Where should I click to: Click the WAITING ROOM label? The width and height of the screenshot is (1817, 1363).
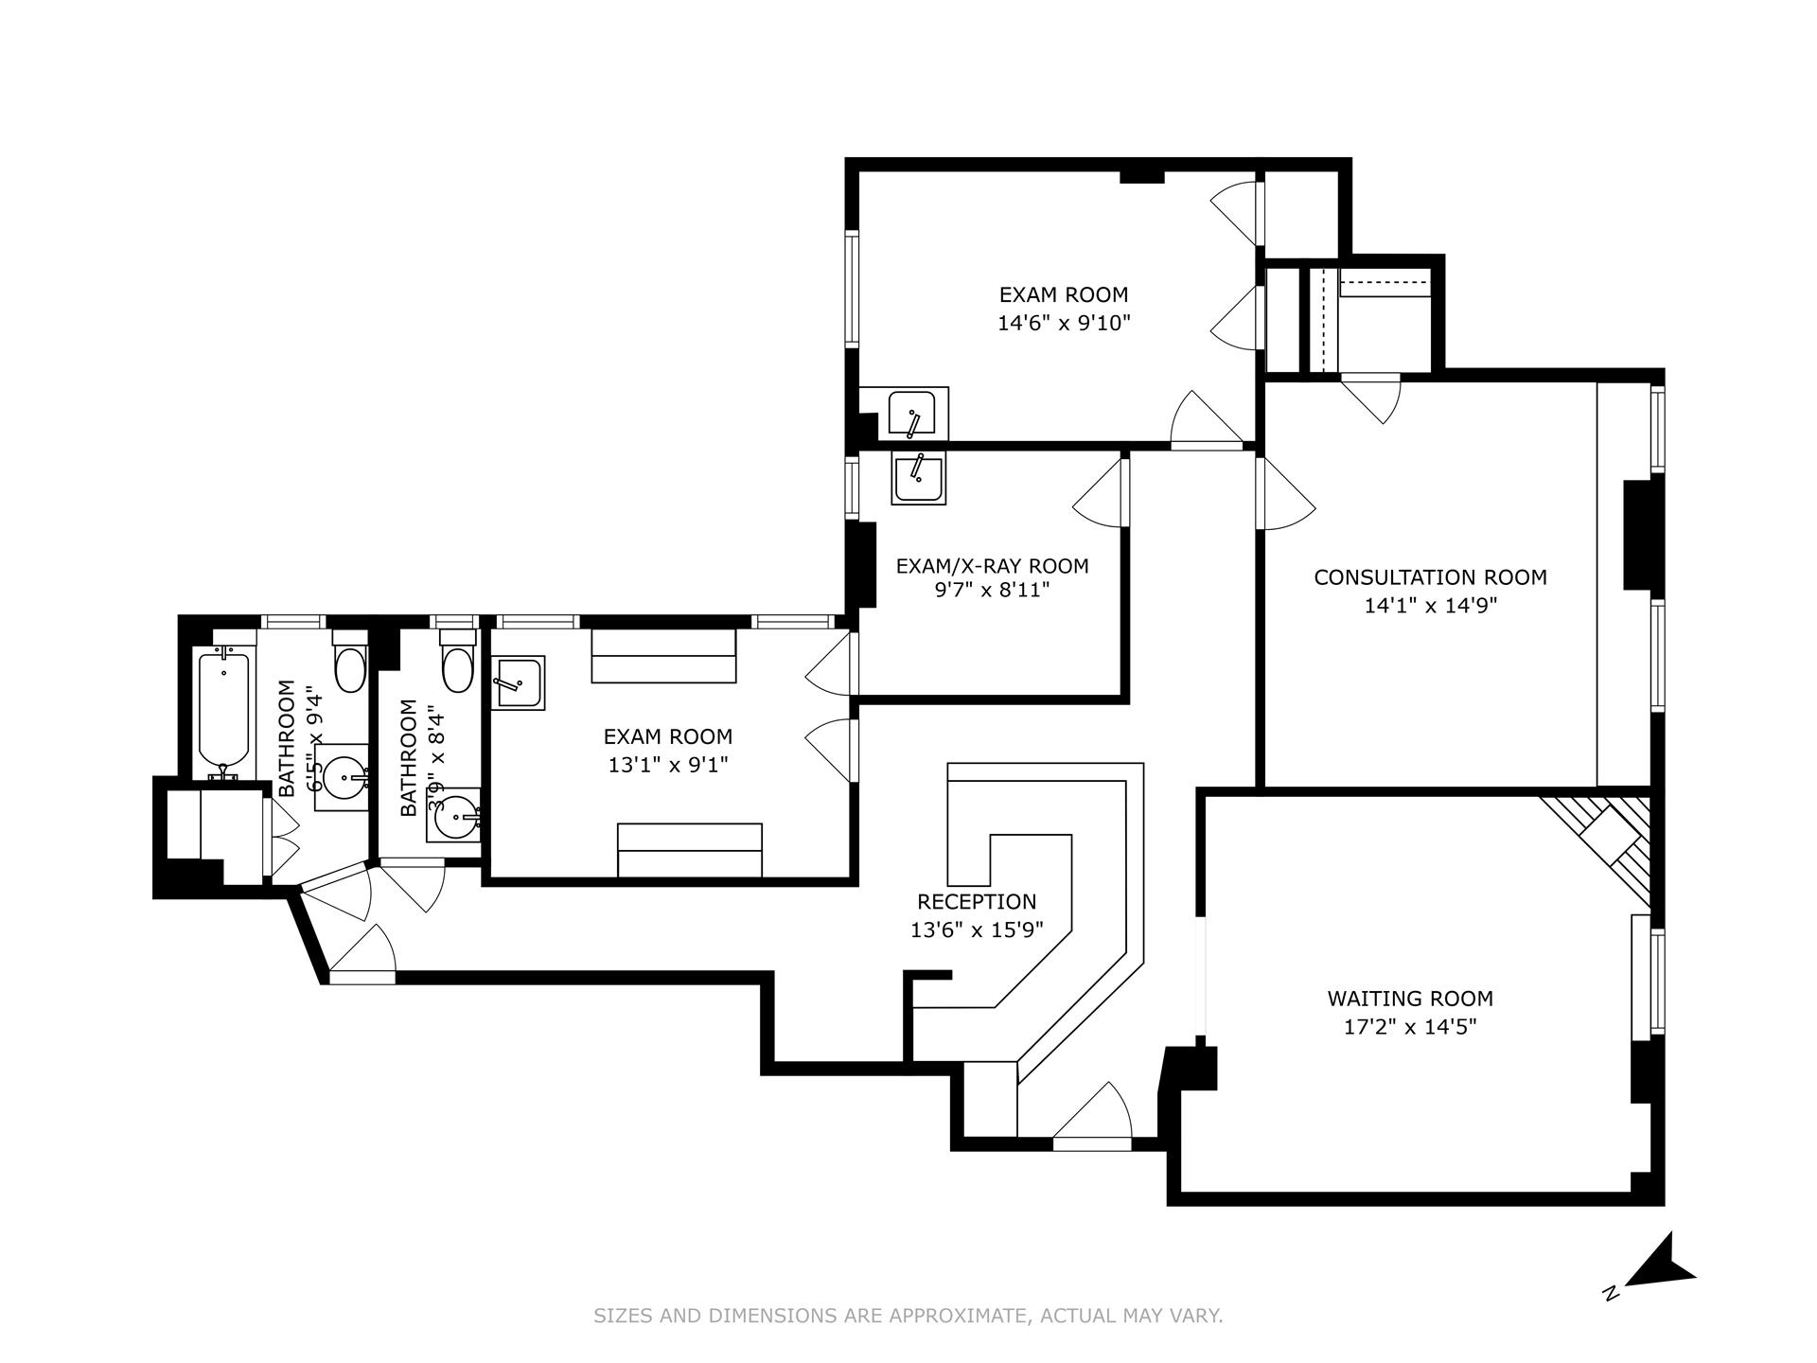[x=1410, y=998]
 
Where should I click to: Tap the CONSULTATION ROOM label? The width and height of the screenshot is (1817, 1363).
[x=1430, y=576]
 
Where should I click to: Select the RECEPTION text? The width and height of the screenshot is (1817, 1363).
[x=977, y=901]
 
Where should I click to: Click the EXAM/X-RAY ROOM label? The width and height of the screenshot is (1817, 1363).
[x=992, y=565]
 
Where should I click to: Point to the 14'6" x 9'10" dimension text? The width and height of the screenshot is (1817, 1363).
[x=1064, y=322]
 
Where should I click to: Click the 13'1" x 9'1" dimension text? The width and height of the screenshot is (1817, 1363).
[x=667, y=764]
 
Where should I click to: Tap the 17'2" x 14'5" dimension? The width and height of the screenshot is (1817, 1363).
[x=1410, y=1026]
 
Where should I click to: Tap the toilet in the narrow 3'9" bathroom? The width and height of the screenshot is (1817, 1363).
[x=457, y=667]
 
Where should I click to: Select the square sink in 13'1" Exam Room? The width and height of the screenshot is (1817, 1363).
[x=517, y=682]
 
